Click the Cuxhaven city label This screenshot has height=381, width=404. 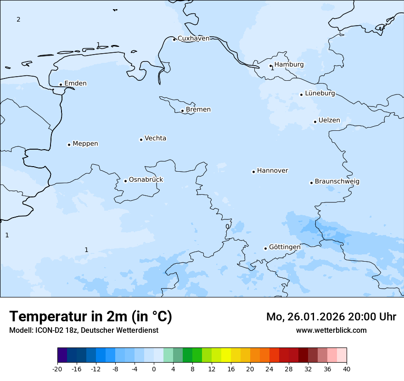click(x=193, y=39)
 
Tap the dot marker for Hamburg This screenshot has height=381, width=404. click(x=271, y=66)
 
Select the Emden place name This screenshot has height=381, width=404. click(x=75, y=84)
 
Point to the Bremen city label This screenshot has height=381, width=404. click(x=198, y=110)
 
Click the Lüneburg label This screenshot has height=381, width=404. click(x=320, y=94)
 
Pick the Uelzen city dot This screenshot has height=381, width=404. click(x=315, y=122)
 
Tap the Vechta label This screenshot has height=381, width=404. click(x=155, y=138)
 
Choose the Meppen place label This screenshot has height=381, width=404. click(x=85, y=144)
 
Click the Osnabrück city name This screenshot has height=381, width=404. click(x=146, y=179)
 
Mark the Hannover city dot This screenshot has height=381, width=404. click(x=253, y=172)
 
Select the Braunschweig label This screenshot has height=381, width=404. click(x=337, y=182)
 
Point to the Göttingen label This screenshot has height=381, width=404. click(x=285, y=247)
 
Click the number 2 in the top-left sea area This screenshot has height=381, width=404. click(x=18, y=19)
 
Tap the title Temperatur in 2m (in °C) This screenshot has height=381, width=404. click(x=90, y=317)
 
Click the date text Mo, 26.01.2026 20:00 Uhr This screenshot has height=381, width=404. click(x=331, y=317)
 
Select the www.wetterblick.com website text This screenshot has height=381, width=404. click(x=331, y=330)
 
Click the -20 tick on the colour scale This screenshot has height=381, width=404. click(x=57, y=369)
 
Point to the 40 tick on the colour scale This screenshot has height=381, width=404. click(x=347, y=369)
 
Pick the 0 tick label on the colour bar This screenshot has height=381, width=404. click(x=154, y=369)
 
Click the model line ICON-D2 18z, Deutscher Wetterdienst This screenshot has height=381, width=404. click(x=84, y=330)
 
